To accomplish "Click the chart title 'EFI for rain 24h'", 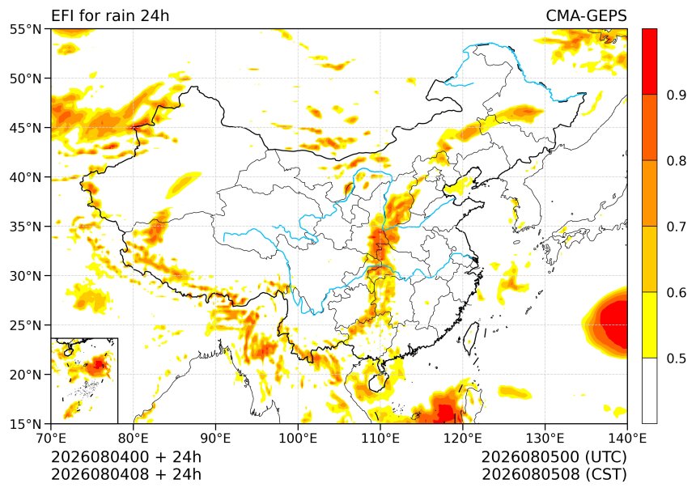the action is pos(110,15).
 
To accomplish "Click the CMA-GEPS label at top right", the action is pos(586,15).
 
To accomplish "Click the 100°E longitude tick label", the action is pos(298,439).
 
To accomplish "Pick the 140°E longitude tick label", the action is pos(626,439).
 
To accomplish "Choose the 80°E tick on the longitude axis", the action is pos(134,439).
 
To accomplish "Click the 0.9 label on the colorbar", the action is pos(677,95).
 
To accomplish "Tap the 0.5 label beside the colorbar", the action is pos(677,358).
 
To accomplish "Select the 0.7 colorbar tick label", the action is pos(677,227).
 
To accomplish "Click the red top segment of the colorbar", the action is pos(649,61).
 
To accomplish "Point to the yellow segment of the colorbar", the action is pos(649,324).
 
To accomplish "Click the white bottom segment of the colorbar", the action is pos(649,391).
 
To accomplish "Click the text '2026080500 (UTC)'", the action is pos(554,456).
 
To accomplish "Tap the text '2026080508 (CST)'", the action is pos(554,474).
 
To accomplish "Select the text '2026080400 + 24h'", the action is pos(126,456).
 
